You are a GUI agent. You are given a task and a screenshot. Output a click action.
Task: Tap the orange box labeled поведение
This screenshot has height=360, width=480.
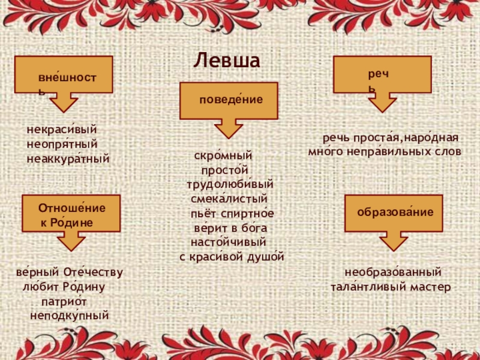tap(229, 101)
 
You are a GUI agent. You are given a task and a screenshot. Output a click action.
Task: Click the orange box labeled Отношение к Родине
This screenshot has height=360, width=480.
tap(68, 214)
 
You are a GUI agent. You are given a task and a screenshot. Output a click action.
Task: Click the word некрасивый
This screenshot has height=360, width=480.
tap(61, 130)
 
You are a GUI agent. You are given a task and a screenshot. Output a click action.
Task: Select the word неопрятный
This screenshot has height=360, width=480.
tap(62, 144)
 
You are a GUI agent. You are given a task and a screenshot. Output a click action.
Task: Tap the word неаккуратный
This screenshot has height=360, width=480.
tap(68, 159)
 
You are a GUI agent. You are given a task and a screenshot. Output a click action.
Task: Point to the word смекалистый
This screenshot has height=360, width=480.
tap(229, 197)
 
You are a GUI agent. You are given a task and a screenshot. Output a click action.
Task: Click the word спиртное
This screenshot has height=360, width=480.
tap(248, 213)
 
